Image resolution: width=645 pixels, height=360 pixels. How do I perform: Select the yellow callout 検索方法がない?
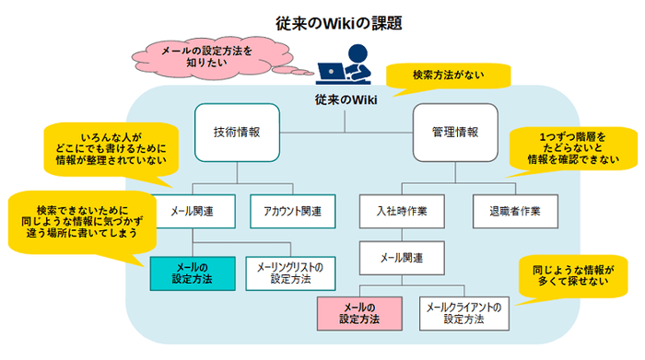446,75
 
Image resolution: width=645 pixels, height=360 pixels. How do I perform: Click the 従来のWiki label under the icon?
346,99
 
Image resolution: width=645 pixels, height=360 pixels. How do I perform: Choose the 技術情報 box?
237,133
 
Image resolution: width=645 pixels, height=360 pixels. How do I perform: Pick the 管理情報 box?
454,133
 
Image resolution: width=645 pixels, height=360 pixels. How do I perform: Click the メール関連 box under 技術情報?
193,211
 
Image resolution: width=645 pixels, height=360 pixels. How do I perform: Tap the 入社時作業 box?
403,211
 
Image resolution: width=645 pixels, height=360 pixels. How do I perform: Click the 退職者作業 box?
509,211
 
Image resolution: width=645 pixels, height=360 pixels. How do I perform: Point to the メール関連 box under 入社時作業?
403,255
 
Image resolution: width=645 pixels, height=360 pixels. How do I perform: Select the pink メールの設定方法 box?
359,313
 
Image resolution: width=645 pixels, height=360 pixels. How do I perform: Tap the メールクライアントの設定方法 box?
463,313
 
